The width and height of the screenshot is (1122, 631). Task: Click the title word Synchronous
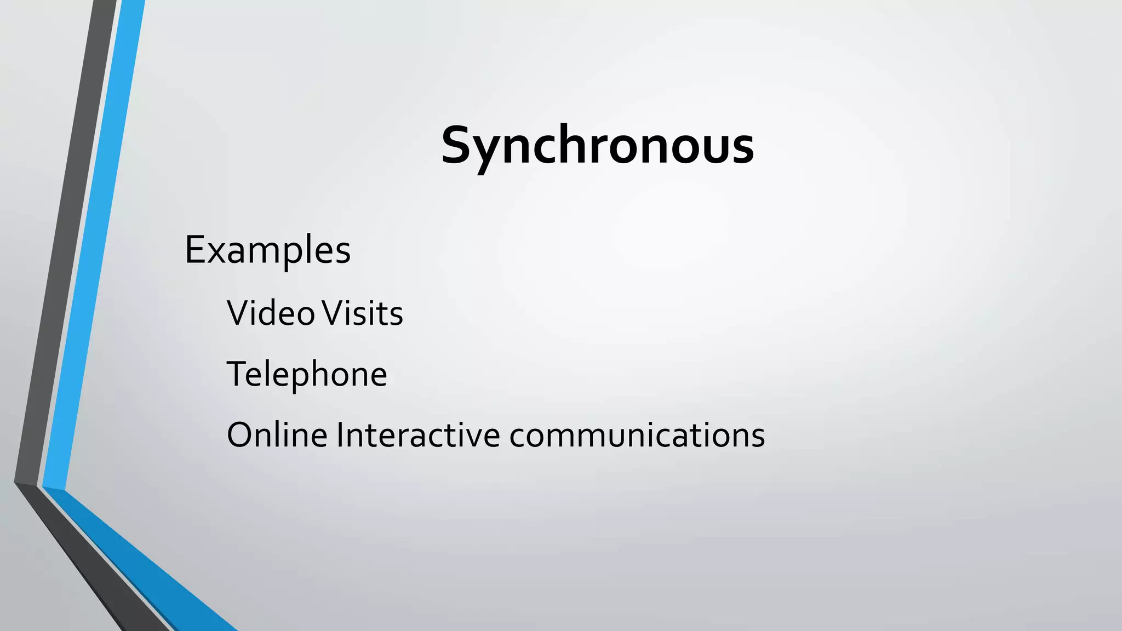pos(597,146)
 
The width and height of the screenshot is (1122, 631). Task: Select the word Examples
pos(267,250)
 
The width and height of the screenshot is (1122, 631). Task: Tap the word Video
pos(271,313)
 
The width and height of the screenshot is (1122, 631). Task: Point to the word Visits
pos(362,313)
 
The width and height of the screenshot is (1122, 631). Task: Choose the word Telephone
pos(307,375)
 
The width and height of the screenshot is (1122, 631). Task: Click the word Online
pos(277,435)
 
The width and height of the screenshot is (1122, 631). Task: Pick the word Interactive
pos(418,435)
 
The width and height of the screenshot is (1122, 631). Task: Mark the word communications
pos(637,435)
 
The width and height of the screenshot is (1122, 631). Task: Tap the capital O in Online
pos(241,435)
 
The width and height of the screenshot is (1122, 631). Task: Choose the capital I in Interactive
pos(340,435)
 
